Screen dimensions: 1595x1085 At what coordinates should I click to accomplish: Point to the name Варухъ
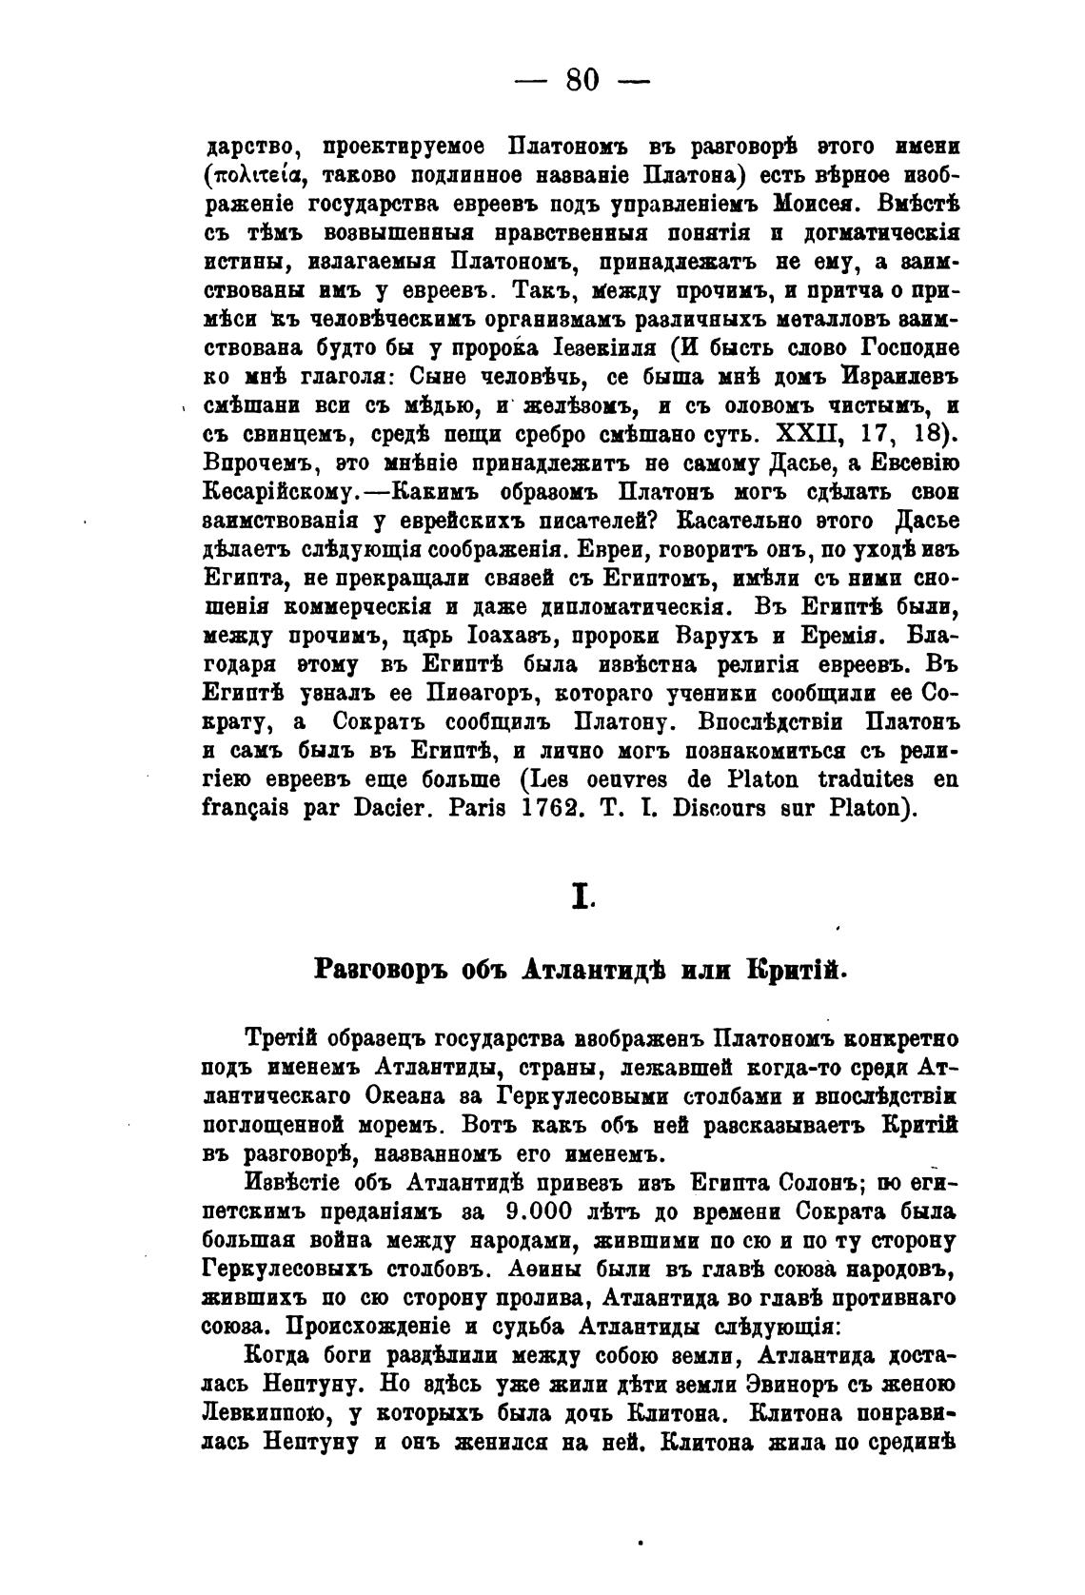pyautogui.click(x=728, y=633)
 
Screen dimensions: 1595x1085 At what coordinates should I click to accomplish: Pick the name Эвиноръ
pyautogui.click(x=732, y=1384)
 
